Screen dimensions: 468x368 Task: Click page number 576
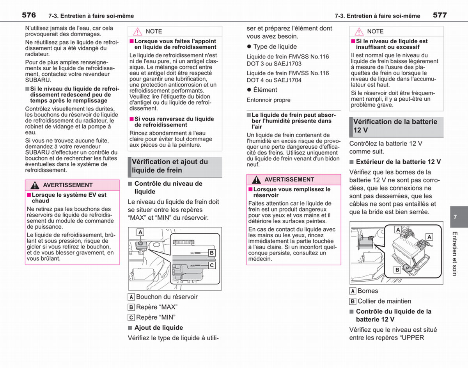29,15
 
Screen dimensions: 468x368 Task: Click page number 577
440,15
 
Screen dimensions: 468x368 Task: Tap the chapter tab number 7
455,217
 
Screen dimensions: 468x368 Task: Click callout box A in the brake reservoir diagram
140,232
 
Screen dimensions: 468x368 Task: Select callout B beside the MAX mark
212,253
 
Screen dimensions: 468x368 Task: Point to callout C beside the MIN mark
212,265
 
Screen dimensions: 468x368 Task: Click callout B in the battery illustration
397,270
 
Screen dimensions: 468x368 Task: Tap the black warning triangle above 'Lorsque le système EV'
35,185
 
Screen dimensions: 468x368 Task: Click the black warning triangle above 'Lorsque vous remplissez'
256,180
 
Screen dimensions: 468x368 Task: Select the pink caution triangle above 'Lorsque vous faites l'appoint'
137,32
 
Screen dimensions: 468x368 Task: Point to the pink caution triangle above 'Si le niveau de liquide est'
359,32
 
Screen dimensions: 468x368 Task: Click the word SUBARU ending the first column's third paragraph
37,80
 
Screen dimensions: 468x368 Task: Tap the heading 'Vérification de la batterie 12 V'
395,126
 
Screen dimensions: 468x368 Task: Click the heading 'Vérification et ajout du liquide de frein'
170,166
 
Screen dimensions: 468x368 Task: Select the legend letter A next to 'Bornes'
353,291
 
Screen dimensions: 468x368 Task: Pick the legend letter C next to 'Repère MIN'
131,317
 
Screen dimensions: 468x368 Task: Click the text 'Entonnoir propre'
269,100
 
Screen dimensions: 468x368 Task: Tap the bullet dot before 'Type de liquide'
249,46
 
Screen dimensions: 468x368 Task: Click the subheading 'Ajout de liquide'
159,328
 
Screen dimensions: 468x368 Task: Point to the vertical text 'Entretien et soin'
455,254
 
